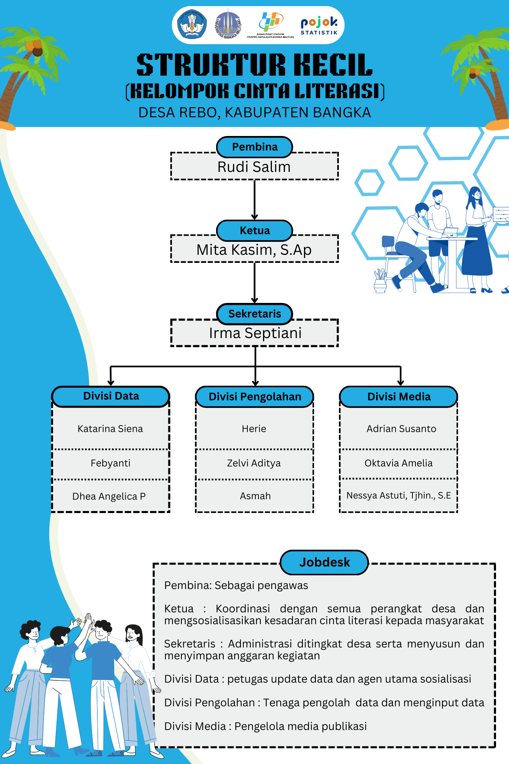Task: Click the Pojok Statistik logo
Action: click(319, 26)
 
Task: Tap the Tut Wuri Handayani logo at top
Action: click(192, 25)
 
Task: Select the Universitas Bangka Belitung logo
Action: click(228, 25)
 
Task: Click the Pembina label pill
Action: click(255, 147)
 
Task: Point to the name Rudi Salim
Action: click(254, 167)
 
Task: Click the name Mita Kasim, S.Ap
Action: click(254, 250)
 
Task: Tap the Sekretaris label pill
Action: click(255, 314)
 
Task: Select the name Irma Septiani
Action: click(255, 333)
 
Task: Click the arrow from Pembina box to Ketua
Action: click(255, 199)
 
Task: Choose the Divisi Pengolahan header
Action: click(255, 397)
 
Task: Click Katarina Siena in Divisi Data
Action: click(110, 429)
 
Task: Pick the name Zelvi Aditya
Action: click(254, 463)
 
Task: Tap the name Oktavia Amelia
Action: click(398, 463)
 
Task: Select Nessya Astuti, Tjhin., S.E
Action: click(398, 495)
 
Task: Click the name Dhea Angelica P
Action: click(109, 496)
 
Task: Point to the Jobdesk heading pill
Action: click(324, 562)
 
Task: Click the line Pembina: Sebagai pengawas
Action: click(236, 585)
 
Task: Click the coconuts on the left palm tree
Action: click(34, 47)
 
